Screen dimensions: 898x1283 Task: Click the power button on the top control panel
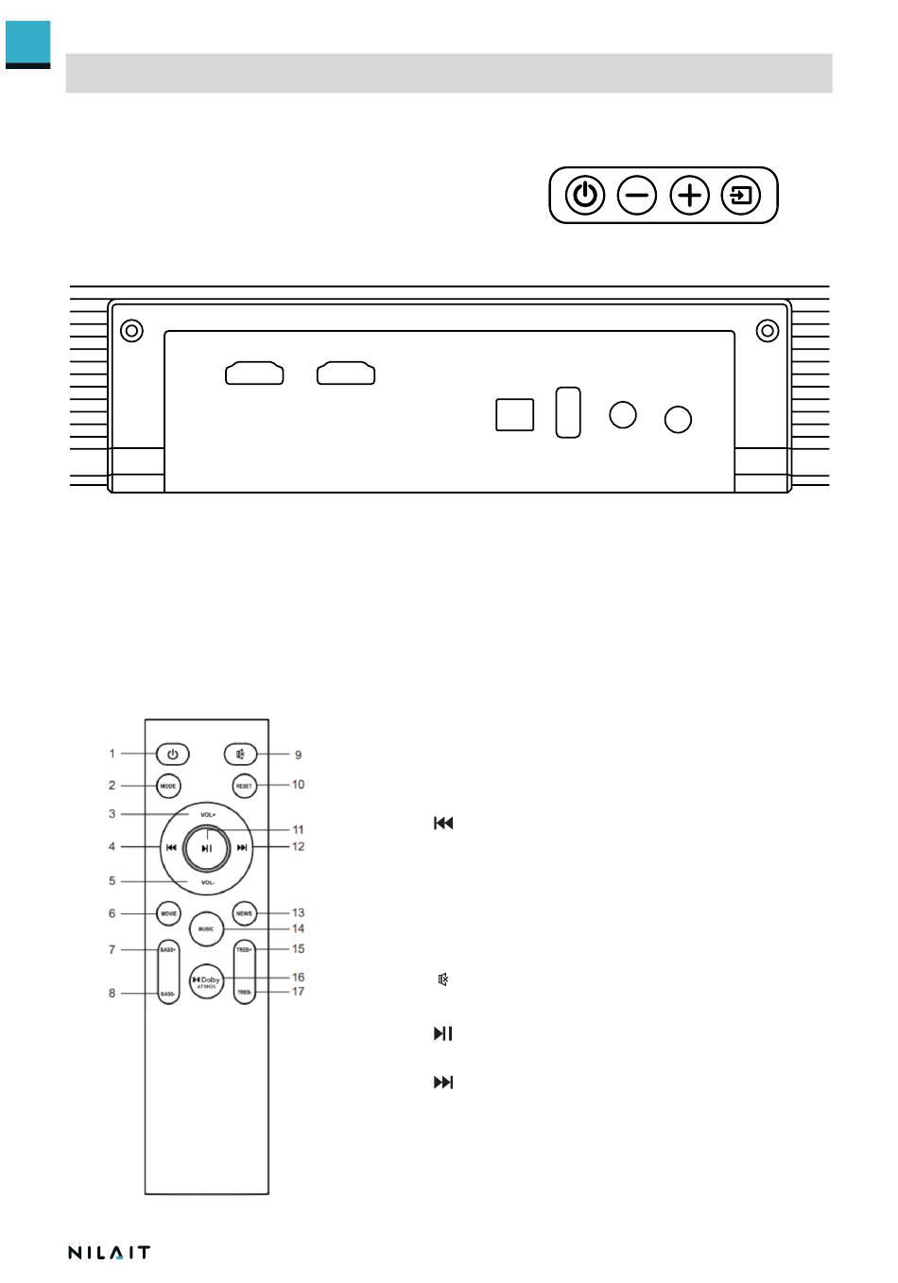coord(585,196)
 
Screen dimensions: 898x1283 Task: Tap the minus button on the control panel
coord(637,196)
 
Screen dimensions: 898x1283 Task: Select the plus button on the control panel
coord(690,196)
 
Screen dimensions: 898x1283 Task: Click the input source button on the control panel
coord(741,196)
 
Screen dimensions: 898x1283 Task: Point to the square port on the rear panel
coord(514,415)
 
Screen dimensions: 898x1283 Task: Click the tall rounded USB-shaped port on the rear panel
coord(568,412)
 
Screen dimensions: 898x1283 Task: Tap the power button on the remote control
coord(172,754)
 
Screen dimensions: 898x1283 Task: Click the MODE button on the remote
coord(168,786)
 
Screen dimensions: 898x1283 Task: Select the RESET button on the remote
coord(244,786)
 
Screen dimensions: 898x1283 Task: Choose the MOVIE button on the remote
coord(168,913)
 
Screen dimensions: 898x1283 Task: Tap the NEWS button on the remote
coord(244,913)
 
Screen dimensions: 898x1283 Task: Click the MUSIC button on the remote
coord(206,929)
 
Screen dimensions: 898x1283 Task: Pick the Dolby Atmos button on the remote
coord(206,981)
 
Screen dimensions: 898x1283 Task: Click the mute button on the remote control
coord(241,754)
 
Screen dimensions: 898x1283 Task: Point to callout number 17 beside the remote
coord(298,992)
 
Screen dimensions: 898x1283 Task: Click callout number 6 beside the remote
coord(112,913)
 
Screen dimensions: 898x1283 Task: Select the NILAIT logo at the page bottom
coord(109,1253)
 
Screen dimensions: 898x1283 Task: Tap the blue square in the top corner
coord(27,43)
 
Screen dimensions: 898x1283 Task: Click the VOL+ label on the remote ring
coord(207,814)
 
